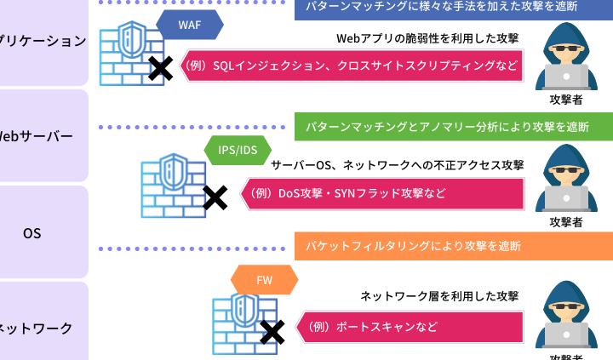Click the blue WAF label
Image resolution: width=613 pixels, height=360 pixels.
(x=189, y=26)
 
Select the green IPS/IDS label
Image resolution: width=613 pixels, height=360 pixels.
(x=238, y=151)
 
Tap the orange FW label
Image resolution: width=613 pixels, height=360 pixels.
(x=264, y=278)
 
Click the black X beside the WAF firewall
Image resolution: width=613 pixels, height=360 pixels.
(x=158, y=69)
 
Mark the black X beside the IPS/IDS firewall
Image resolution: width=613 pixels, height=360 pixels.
(x=215, y=197)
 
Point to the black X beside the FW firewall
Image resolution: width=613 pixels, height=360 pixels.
(x=272, y=332)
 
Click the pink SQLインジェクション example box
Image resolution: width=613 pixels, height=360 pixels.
(x=352, y=66)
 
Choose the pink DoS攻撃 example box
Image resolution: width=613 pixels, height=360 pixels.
(x=381, y=193)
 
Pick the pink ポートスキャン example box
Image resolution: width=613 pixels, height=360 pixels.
(x=409, y=327)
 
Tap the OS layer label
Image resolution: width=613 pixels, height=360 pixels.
(x=32, y=232)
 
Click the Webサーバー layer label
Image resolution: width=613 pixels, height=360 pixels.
(x=38, y=136)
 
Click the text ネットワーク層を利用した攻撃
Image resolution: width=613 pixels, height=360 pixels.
(x=438, y=296)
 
